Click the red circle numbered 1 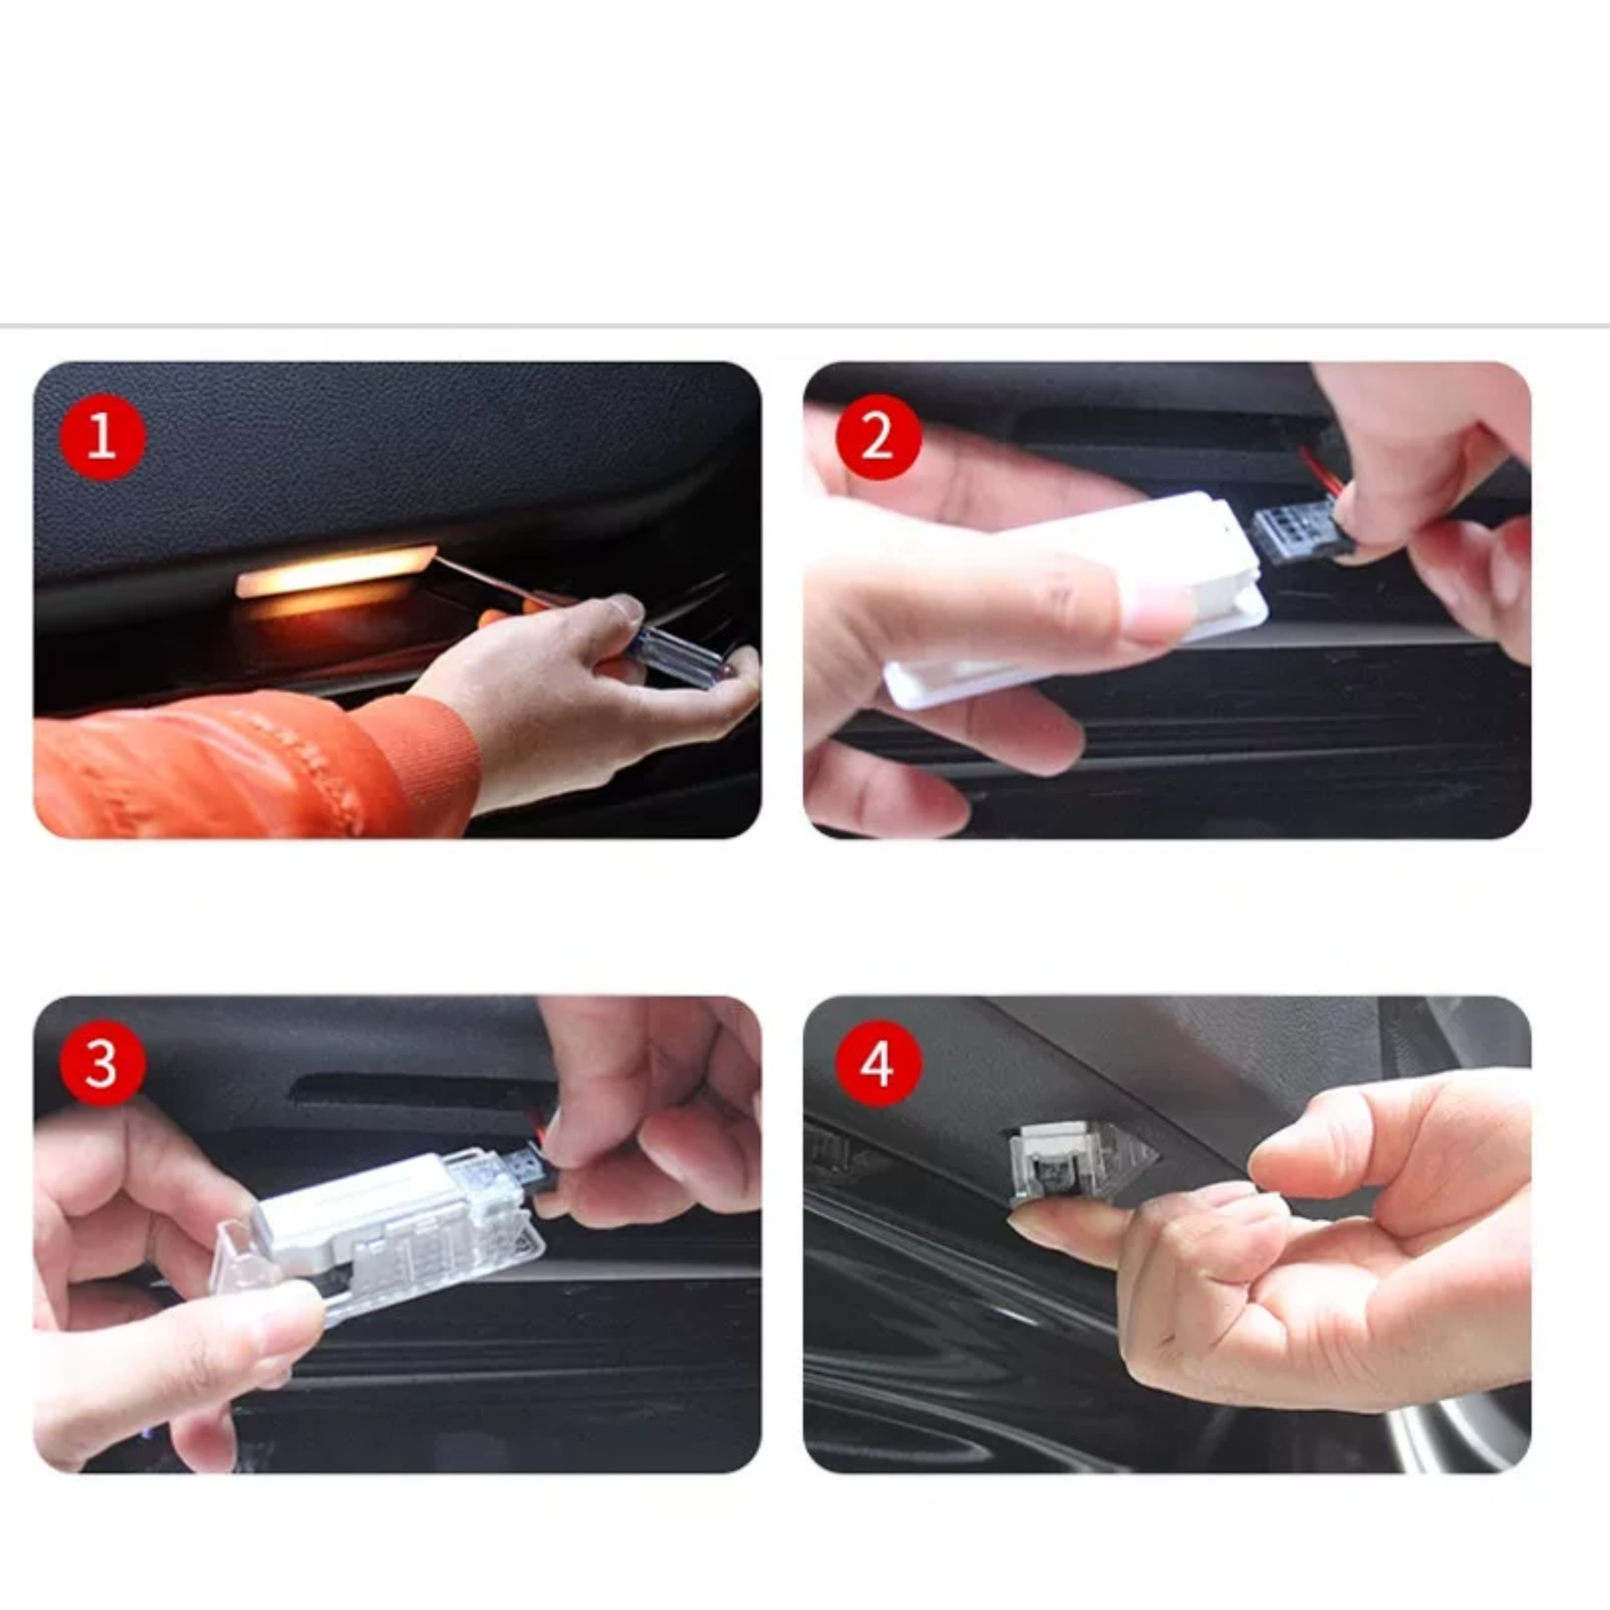(102, 437)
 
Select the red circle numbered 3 (102, 1064)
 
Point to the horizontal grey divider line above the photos (805, 324)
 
